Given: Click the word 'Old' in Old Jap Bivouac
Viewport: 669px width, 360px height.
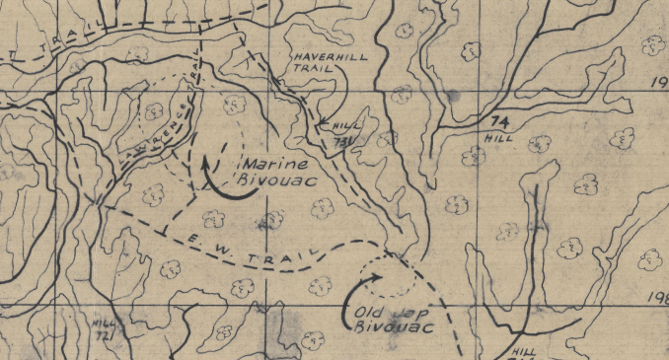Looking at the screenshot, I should (367, 314).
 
